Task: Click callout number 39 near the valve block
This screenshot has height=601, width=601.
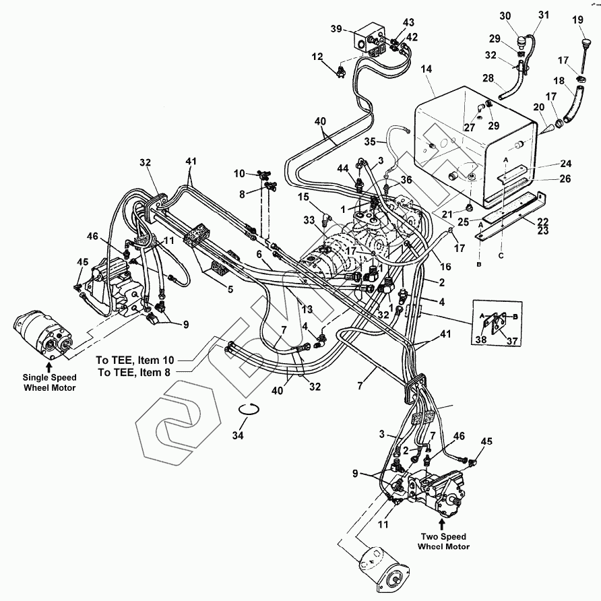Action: pyautogui.click(x=336, y=29)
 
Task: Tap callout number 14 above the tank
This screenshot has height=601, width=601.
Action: pyautogui.click(x=426, y=69)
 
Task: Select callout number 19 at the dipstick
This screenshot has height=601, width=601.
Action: pyautogui.click(x=577, y=20)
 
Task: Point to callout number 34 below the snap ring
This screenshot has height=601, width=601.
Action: pyautogui.click(x=238, y=435)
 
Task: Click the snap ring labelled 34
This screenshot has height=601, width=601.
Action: pyautogui.click(x=249, y=410)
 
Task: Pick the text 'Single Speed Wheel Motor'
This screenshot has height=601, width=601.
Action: pyautogui.click(x=49, y=383)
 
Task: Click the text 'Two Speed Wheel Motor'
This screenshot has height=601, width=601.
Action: pyautogui.click(x=443, y=542)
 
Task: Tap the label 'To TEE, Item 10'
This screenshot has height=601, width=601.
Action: pyautogui.click(x=135, y=360)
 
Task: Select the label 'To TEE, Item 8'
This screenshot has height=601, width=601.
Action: pyautogui.click(x=134, y=372)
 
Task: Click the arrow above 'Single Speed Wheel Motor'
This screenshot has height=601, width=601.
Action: pyautogui.click(x=49, y=367)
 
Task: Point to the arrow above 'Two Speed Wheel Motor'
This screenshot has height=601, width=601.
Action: pyautogui.click(x=441, y=524)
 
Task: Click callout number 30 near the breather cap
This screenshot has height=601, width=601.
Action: pyautogui.click(x=505, y=15)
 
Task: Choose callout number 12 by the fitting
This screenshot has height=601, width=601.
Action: pyautogui.click(x=317, y=57)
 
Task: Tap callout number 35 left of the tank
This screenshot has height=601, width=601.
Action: pyautogui.click(x=370, y=141)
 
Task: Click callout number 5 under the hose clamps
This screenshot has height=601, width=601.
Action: pyautogui.click(x=230, y=290)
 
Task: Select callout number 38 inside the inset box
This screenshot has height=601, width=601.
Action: pyautogui.click(x=481, y=339)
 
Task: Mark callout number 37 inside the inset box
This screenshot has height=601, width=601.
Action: pyautogui.click(x=512, y=341)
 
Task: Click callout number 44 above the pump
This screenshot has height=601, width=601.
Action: pyautogui.click(x=343, y=168)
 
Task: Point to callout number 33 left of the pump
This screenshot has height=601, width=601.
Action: pyautogui.click(x=309, y=220)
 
